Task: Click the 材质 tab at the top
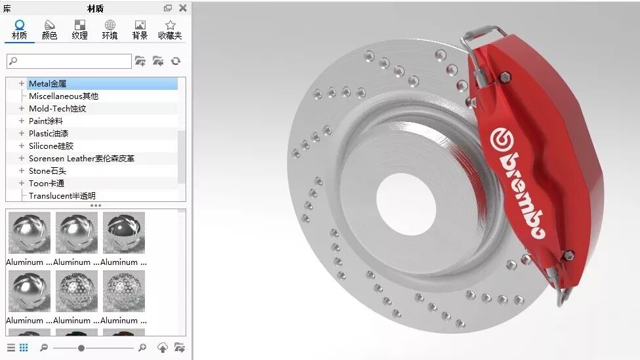pyautogui.click(x=19, y=30)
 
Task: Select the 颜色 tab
pyautogui.click(x=49, y=30)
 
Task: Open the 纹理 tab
pyautogui.click(x=79, y=30)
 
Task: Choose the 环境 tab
pyautogui.click(x=110, y=30)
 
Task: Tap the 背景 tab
pyautogui.click(x=140, y=30)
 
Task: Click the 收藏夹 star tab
pyautogui.click(x=170, y=30)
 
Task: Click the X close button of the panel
pyautogui.click(x=183, y=8)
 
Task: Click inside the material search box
pyautogui.click(x=70, y=61)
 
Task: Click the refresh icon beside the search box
pyautogui.click(x=176, y=61)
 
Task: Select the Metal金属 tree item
pyautogui.click(x=47, y=84)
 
